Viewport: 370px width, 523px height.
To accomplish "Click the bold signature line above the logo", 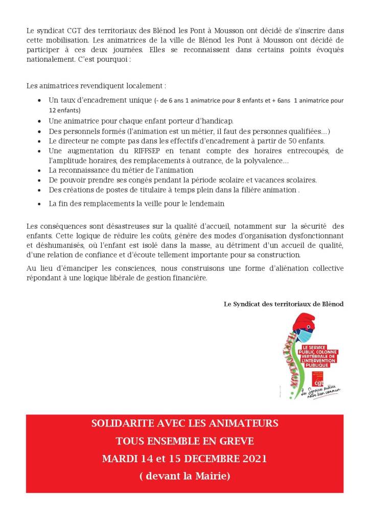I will tap(284, 303).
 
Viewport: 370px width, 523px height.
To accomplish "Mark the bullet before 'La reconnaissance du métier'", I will tap(40, 170).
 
